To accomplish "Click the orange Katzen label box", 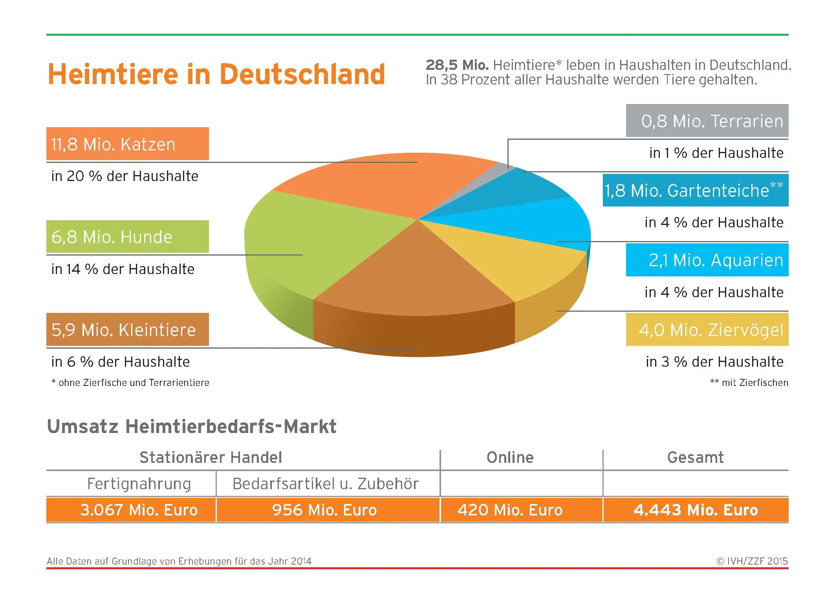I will click(127, 144).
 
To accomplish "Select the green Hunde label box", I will click(127, 237).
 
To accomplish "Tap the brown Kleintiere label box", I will click(127, 329).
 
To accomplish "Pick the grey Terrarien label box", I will click(707, 121).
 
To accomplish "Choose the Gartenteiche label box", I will click(695, 190).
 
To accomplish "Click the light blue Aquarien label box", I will click(707, 260).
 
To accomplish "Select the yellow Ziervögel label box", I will click(707, 329).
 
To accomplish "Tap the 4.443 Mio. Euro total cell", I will click(696, 510).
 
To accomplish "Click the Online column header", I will click(510, 457).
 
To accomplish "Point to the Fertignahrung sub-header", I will click(139, 484).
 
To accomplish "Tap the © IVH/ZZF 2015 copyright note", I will click(752, 561).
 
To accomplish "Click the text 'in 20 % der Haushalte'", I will click(125, 176).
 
